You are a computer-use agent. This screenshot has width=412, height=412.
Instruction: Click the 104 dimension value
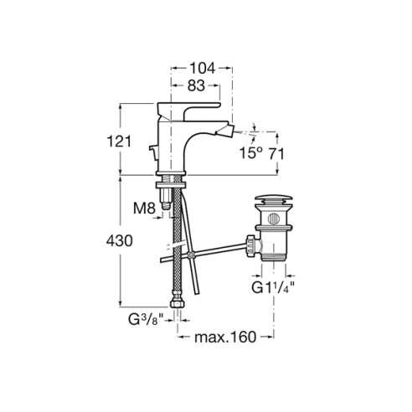(203, 68)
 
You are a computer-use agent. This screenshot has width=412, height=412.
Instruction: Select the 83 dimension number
(196, 85)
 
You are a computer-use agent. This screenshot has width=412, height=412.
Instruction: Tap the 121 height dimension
(119, 142)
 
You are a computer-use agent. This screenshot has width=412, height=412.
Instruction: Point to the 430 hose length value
(119, 240)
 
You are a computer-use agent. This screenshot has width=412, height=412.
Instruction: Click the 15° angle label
(251, 153)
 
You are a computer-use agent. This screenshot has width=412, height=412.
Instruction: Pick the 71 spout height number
(276, 154)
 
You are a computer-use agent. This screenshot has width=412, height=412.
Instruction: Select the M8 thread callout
(144, 209)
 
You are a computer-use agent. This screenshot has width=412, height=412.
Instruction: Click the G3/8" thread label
(146, 319)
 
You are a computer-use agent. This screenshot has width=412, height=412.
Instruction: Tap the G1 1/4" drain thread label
(273, 287)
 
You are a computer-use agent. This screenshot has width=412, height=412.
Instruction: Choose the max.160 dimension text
(225, 337)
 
